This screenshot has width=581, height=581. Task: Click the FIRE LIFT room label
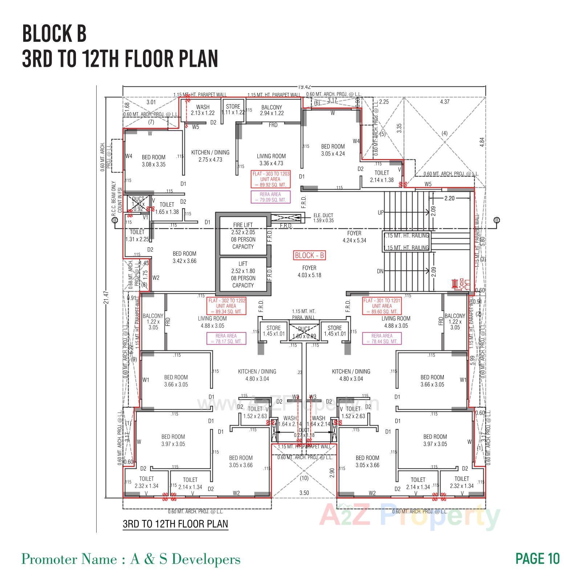tap(243, 225)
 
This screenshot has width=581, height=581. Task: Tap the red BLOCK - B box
tap(309, 256)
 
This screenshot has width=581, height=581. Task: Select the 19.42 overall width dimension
tap(304, 87)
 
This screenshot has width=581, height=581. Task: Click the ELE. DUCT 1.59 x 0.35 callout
tap(323, 218)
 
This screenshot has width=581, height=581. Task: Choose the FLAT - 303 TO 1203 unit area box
tap(271, 179)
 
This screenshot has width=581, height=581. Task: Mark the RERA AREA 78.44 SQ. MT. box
tap(382, 339)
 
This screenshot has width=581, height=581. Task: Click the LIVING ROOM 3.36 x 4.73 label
tap(271, 160)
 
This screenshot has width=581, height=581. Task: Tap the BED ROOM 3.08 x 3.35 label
tap(154, 161)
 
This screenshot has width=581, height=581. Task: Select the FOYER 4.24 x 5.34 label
tap(354, 237)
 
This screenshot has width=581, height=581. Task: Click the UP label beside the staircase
tap(380, 213)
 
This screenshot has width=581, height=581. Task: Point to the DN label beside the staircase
tap(380, 271)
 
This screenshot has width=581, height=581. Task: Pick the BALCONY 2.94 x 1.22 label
tap(272, 110)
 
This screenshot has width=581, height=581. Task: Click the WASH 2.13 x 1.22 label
tap(203, 110)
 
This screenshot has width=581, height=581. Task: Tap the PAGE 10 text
tap(537, 558)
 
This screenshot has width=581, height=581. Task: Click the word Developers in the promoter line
tap(206, 559)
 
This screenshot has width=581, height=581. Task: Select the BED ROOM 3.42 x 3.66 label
tap(184, 257)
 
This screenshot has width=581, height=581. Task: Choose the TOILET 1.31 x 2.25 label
tap(137, 236)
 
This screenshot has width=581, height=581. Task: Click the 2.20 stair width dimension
tap(449, 198)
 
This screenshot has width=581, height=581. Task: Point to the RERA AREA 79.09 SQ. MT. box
tap(271, 197)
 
